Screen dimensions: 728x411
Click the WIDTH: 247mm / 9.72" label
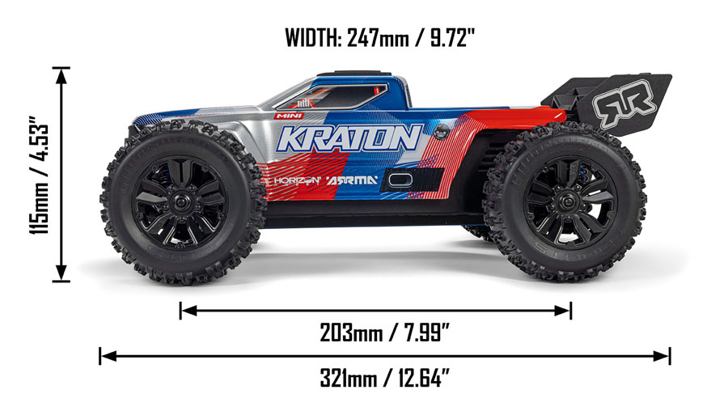click(x=380, y=37)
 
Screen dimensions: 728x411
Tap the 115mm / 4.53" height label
click(x=40, y=175)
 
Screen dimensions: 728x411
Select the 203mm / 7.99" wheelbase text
click(x=384, y=333)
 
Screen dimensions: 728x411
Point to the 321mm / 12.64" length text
click(x=384, y=378)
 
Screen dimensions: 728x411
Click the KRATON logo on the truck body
click(x=349, y=138)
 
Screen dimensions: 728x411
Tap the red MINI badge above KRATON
click(x=288, y=116)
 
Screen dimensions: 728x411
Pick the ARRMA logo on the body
click(x=352, y=180)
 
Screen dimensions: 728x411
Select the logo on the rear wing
click(x=625, y=104)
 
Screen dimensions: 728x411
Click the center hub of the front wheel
click(x=180, y=202)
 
